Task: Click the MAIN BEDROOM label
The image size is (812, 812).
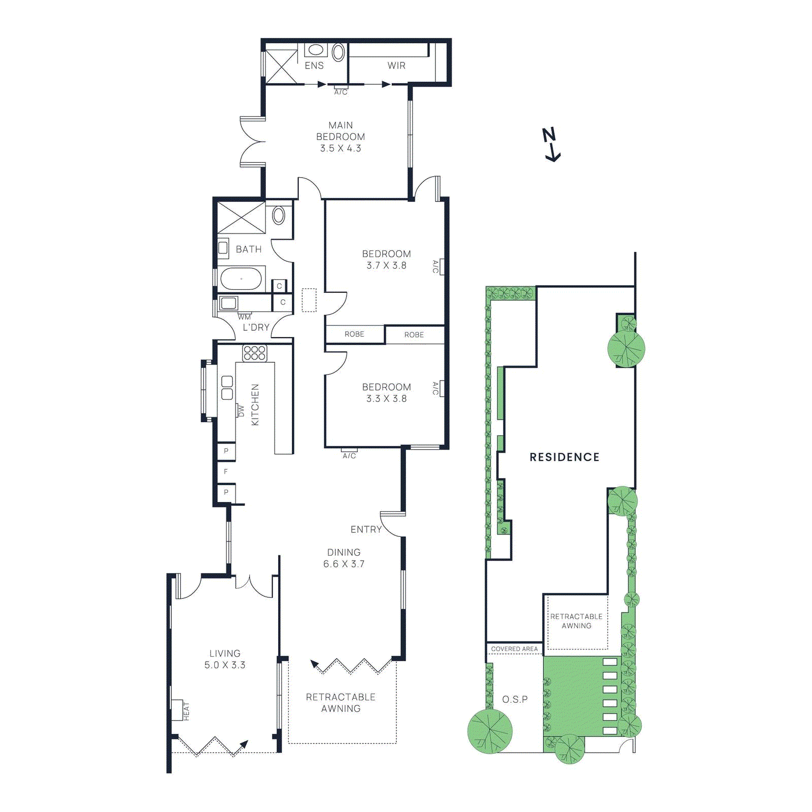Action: (340, 131)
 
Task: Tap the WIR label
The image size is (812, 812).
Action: (396, 65)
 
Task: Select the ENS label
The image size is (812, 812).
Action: (314, 65)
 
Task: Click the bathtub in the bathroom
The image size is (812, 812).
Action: (241, 279)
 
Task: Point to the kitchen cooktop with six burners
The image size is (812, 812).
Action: (254, 353)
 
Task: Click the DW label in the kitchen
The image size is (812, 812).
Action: (241, 411)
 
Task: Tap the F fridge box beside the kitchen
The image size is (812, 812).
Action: (226, 471)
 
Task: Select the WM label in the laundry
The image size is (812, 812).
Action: (244, 317)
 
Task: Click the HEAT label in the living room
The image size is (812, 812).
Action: (186, 711)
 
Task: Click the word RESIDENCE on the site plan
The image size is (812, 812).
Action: (564, 457)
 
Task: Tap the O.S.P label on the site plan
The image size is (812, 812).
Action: (515, 699)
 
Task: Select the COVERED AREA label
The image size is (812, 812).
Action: (514, 649)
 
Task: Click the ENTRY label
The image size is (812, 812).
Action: (366, 529)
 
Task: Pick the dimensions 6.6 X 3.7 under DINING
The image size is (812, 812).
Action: (344, 564)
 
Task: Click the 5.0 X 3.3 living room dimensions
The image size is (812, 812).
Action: (225, 665)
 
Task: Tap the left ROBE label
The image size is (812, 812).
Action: (354, 334)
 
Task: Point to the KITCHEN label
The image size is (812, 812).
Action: (255, 404)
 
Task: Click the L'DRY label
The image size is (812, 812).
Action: (256, 327)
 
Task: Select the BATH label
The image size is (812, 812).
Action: (249, 249)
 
